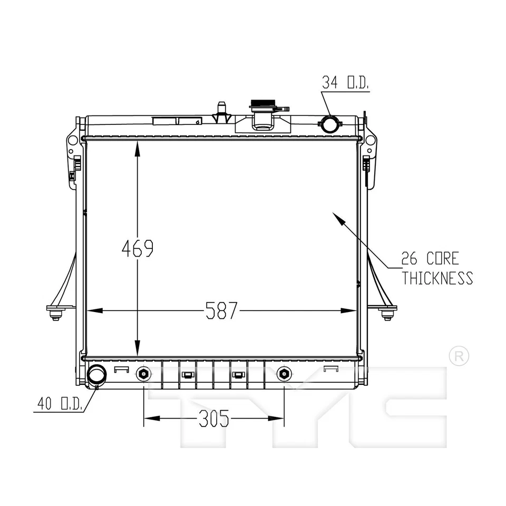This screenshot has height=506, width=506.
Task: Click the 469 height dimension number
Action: click(x=138, y=248)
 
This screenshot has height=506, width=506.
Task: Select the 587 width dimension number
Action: click(x=221, y=311)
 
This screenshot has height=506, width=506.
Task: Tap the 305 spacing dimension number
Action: click(x=214, y=419)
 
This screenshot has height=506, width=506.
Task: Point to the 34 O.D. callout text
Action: click(x=345, y=82)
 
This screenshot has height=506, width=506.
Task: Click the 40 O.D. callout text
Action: click(x=59, y=404)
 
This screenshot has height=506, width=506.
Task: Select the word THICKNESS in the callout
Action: click(x=437, y=278)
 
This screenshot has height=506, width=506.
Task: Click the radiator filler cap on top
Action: click(x=263, y=104)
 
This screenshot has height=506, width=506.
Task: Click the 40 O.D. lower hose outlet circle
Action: click(x=96, y=375)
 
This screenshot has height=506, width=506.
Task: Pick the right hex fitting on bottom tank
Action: click(x=284, y=374)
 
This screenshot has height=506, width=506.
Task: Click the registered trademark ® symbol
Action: click(x=458, y=356)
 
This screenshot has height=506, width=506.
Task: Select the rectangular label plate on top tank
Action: click(x=176, y=121)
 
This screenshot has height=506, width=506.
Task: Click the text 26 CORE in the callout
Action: click(x=430, y=258)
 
